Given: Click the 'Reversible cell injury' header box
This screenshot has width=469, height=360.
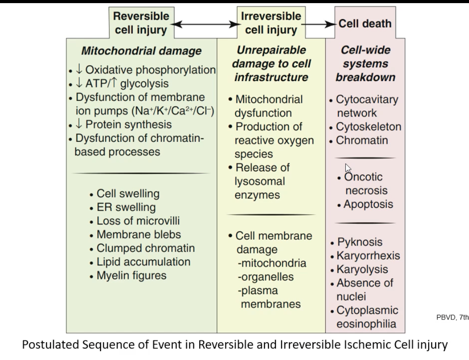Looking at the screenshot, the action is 140,23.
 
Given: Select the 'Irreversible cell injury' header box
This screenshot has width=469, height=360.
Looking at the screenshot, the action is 270,23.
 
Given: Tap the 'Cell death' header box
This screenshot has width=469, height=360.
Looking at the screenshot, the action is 365,24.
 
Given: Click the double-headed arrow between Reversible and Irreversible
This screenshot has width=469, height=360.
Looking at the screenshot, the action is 204,24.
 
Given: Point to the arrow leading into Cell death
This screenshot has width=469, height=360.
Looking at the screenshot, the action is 318,24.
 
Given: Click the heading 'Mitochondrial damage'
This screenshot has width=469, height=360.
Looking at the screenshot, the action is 141,51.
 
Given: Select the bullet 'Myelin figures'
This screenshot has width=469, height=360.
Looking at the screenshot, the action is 131,275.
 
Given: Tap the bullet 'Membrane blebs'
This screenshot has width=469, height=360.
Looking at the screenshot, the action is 138,235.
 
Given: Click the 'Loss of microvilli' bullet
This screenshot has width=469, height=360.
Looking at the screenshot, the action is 138,221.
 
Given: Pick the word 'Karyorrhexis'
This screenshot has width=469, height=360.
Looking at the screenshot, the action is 368,256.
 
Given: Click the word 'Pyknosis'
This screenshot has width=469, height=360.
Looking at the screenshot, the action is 360,242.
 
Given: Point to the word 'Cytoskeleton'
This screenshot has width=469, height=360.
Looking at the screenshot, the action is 369,127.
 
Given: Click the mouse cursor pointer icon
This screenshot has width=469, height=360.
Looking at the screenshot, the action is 348,168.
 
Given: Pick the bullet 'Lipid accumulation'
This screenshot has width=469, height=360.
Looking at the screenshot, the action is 143,262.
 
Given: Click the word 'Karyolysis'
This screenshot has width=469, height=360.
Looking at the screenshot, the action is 362,270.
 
